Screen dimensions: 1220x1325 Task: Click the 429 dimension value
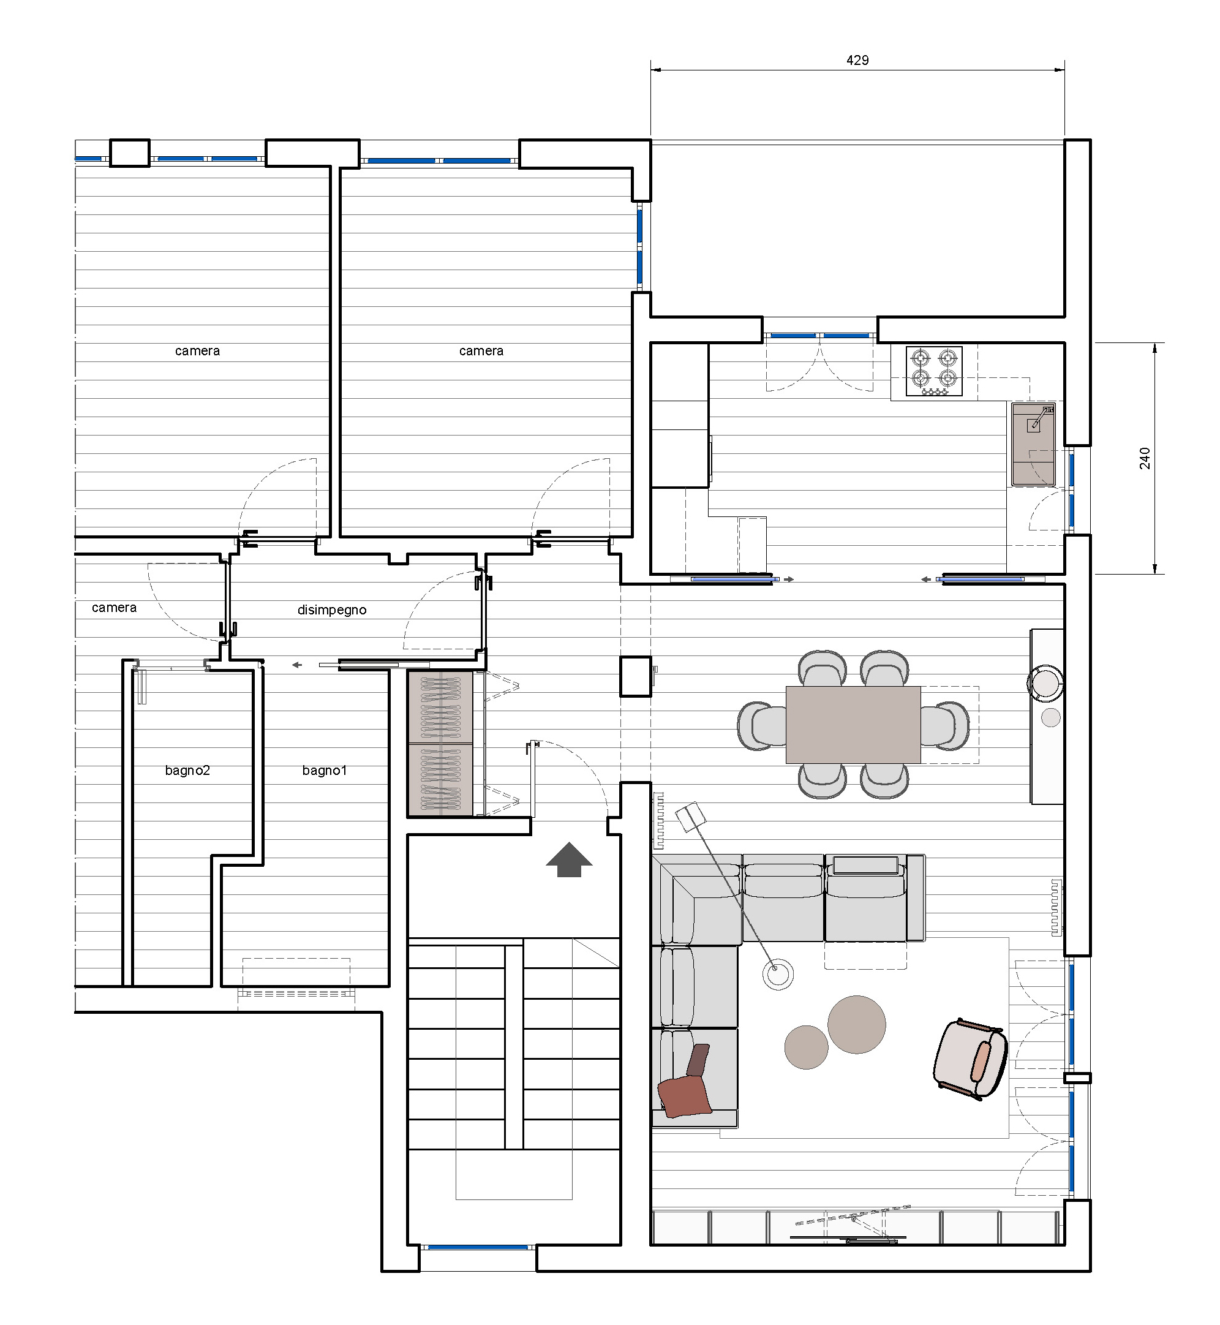point(857,60)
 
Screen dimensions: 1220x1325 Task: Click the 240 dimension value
point(1145,458)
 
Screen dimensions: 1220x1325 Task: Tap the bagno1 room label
point(324,770)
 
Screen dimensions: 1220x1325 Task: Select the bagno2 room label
point(187,770)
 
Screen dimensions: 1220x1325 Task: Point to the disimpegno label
point(332,610)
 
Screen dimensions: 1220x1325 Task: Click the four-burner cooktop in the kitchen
point(933,371)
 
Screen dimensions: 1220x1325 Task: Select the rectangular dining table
point(853,724)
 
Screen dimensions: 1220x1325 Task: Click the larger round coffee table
point(856,1025)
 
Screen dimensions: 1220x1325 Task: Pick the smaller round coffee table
point(806,1047)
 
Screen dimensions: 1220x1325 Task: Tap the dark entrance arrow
point(569,859)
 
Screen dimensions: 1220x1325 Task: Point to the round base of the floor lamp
point(778,975)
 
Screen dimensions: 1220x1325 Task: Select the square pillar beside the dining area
point(635,676)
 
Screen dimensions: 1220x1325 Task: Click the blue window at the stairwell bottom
point(478,1247)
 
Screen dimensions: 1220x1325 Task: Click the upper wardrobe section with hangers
point(440,706)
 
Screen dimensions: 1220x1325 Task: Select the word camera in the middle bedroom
point(481,351)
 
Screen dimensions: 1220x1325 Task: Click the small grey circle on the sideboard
point(1050,717)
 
